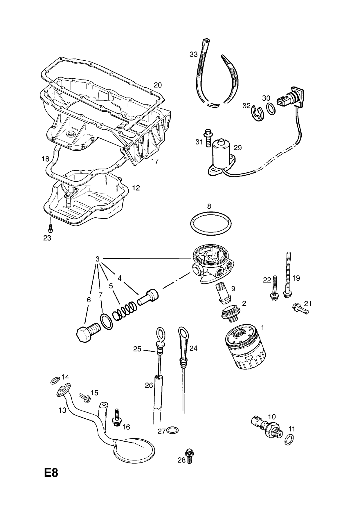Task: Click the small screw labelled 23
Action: [x=51, y=228]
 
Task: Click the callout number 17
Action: [x=155, y=161]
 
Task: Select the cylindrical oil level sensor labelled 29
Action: [x=222, y=155]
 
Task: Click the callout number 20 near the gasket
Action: [x=158, y=85]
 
